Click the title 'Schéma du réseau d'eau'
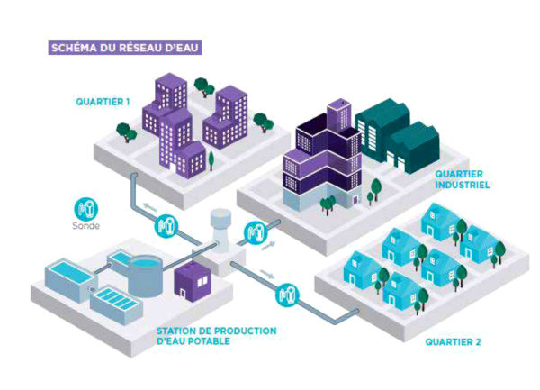click(125, 48)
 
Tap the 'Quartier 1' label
click(103, 102)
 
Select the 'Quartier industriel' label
click(463, 179)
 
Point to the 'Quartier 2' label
click(453, 342)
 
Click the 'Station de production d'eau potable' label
click(217, 336)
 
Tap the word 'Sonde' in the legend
click(86, 226)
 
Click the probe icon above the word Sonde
click(86, 209)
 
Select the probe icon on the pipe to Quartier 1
click(166, 226)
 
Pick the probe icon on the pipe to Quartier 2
click(287, 295)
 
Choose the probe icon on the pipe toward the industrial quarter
click(256, 232)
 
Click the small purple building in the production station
click(193, 282)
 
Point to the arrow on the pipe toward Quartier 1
click(149, 207)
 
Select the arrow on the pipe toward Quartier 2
click(267, 274)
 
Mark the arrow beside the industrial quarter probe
click(268, 246)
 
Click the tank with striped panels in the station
click(116, 304)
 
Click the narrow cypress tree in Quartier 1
click(211, 160)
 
